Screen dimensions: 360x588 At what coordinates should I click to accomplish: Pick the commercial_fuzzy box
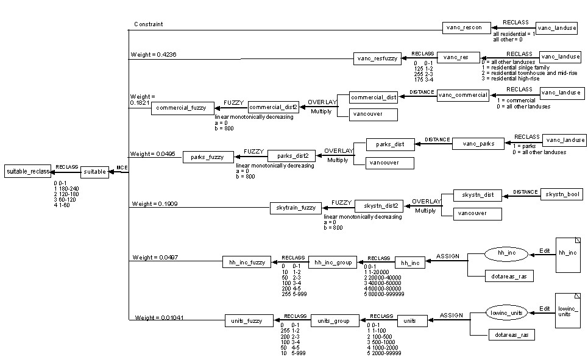[183, 108]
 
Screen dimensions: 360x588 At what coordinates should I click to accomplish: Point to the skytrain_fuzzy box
[295, 208]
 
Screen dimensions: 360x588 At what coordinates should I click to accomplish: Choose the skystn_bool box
[561, 195]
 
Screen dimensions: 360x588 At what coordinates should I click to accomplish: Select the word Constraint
[149, 24]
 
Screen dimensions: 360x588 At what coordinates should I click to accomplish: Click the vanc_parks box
[478, 144]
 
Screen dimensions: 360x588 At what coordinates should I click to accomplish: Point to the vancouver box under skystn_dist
[478, 214]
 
